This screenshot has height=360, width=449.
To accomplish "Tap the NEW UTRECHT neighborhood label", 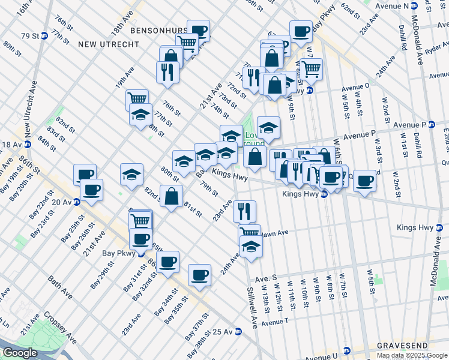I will [x=108, y=44].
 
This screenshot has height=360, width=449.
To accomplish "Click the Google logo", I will [x=20, y=353].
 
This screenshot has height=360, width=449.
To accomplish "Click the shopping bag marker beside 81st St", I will [x=172, y=195].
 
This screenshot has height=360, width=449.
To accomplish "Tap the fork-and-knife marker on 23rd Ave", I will [x=244, y=210].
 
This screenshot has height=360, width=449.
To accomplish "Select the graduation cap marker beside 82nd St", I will [x=131, y=175].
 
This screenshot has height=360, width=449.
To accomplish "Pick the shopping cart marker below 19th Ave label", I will [x=137, y=98].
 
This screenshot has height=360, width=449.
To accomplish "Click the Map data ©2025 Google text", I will [x=412, y=355].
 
